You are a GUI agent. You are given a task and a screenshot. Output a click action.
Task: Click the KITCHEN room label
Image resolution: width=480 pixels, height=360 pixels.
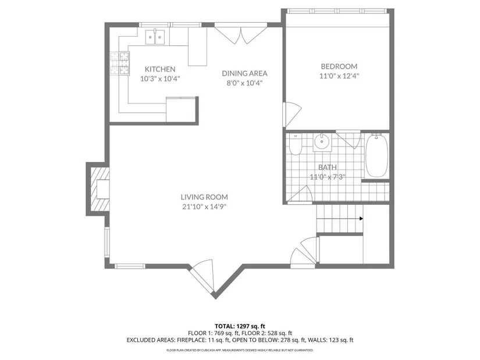(160, 69)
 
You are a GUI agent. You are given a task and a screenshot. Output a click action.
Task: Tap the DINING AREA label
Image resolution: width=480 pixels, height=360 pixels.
(244, 73)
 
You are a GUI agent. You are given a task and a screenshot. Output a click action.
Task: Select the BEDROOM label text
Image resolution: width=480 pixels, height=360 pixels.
(339, 66)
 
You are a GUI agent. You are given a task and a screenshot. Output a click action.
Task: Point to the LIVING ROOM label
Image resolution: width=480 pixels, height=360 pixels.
(204, 197)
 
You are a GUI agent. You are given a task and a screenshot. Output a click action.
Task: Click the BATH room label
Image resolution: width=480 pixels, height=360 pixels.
(327, 167)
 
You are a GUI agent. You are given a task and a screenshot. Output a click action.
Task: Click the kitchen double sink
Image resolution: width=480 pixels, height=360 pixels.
(155, 37)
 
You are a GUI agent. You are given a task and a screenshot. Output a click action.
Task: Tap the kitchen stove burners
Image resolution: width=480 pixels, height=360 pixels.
(120, 63)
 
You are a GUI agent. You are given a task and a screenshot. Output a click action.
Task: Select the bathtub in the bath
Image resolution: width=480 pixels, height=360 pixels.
(376, 155)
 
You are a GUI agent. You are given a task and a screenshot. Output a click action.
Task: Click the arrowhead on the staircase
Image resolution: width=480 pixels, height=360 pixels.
(361, 219)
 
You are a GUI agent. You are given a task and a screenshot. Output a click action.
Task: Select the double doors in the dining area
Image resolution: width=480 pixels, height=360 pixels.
(241, 34)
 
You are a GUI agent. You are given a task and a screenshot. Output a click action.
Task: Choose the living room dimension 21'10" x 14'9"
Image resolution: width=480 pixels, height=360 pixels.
(204, 207)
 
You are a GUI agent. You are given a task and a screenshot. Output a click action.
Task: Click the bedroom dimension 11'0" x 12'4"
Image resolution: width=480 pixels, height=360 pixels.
(339, 76)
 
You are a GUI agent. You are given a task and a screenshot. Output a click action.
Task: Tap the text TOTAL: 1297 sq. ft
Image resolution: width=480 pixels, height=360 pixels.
(240, 326)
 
